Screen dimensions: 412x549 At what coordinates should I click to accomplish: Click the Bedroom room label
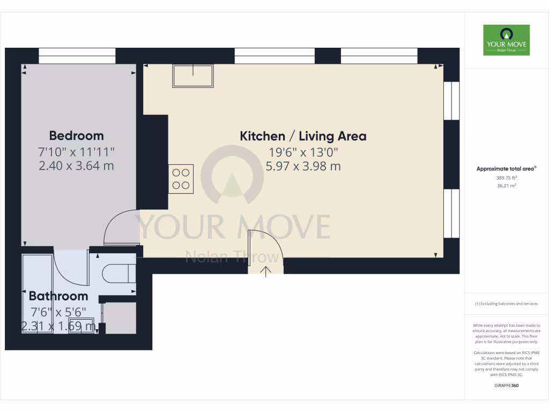point(76,135)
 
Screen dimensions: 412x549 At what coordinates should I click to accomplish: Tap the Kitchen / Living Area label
point(303,136)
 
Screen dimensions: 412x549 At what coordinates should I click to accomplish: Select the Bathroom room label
point(58,296)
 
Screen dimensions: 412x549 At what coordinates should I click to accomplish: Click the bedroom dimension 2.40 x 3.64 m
point(76,166)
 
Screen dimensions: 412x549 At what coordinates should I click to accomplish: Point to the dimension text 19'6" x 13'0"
point(303,152)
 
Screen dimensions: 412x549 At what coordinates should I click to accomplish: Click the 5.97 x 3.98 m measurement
point(303,166)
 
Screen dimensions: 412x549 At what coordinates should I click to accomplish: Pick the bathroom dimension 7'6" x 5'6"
point(58,312)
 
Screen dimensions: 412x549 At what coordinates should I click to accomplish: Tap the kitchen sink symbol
point(193,76)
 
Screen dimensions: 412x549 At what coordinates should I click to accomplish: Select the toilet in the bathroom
point(118,273)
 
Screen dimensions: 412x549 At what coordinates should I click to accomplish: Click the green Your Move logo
point(506,40)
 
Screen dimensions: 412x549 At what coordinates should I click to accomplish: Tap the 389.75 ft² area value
point(506,178)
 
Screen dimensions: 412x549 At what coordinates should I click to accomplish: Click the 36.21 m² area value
point(506,186)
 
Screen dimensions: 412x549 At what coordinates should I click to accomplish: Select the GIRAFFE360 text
point(506,386)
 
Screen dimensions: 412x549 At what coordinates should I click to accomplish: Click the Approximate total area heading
point(506,168)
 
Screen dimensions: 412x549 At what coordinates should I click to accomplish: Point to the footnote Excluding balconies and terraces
point(506,304)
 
